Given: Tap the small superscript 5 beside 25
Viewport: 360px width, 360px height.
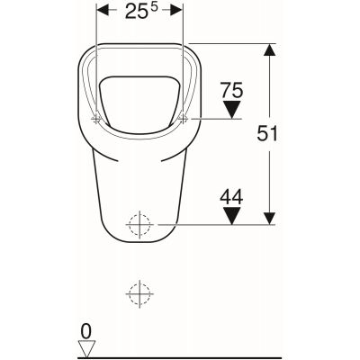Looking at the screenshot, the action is [x=154, y=8].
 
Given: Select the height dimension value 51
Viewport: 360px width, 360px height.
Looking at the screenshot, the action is [x=267, y=133].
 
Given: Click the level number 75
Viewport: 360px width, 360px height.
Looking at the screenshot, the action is [x=231, y=90].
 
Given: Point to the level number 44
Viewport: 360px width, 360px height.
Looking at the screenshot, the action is [x=231, y=197].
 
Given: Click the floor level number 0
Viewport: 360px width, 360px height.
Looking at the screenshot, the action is [x=86, y=332].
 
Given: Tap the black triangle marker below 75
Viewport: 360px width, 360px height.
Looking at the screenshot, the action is [x=232, y=110].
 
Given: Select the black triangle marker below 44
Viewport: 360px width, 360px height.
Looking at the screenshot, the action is [x=232, y=216].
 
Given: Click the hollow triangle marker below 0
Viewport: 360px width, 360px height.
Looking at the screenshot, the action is [x=86, y=349].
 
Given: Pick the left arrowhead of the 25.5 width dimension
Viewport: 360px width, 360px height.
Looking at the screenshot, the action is [x=102, y=12].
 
